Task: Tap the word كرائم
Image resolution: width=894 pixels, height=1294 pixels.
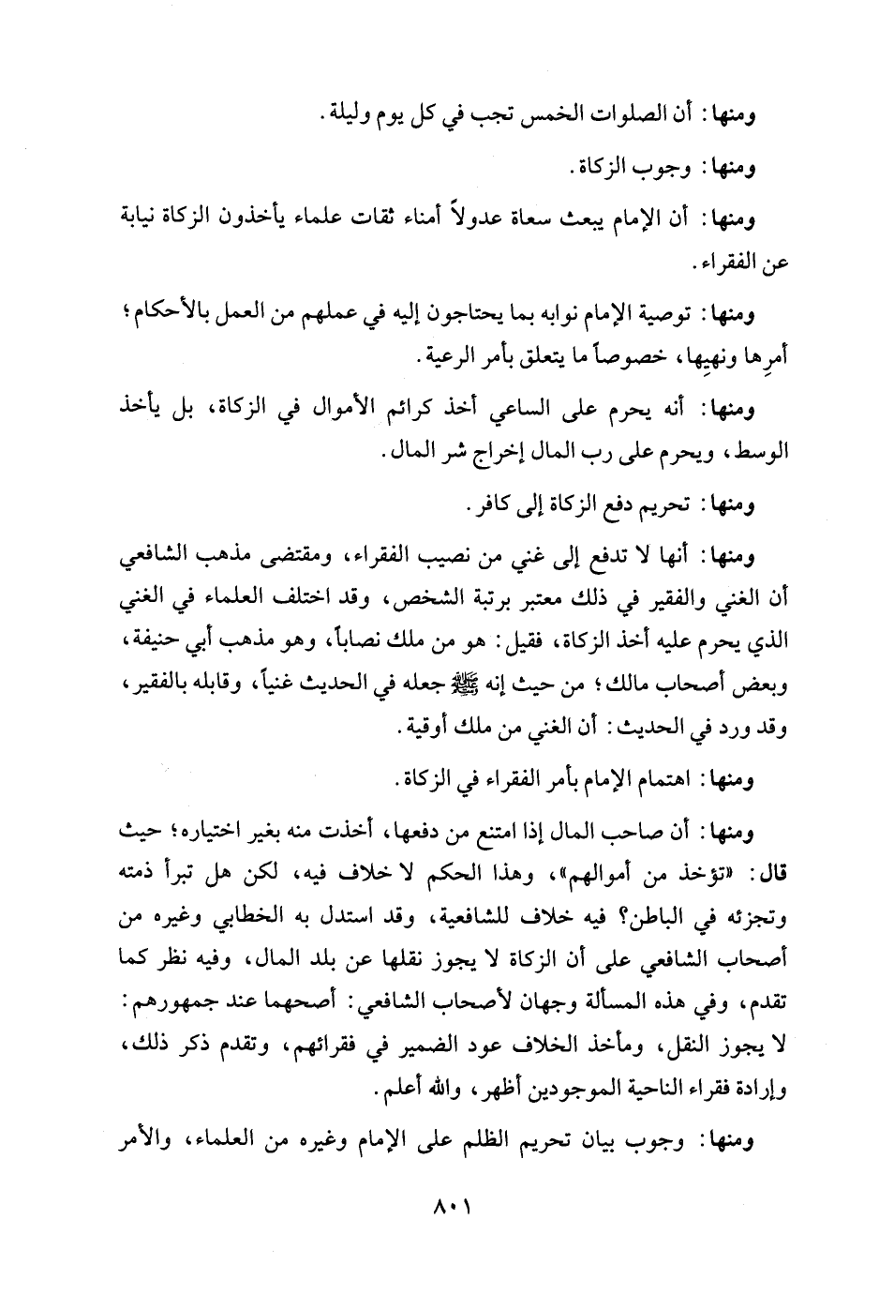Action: pos(403,409)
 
